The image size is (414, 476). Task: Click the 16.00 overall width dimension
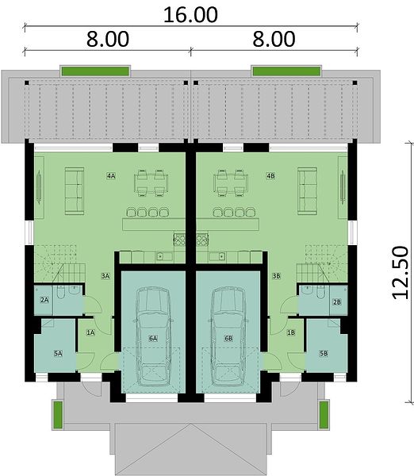pyautogui.click(x=190, y=14)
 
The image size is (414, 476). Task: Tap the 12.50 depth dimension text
pyautogui.click(x=400, y=273)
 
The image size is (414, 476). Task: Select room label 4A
pyautogui.click(x=111, y=176)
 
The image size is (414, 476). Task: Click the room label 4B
pyautogui.click(x=270, y=176)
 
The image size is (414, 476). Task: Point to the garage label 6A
pyautogui.click(x=153, y=338)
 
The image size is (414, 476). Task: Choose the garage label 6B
pyautogui.click(x=228, y=338)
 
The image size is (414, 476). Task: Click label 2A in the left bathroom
pyautogui.click(x=44, y=300)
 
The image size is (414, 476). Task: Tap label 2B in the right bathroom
pyautogui.click(x=337, y=301)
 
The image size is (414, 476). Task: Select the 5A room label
pyautogui.click(x=58, y=353)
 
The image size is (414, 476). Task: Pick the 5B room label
pyautogui.click(x=324, y=353)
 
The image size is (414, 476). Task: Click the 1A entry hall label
pyautogui.click(x=90, y=332)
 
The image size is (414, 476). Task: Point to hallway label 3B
pyautogui.click(x=276, y=276)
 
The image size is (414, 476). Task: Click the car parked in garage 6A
pyautogui.click(x=153, y=336)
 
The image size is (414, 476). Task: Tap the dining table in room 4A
pyautogui.click(x=151, y=183)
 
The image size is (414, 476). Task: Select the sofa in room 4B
pyautogui.click(x=307, y=191)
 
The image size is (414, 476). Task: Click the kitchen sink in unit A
pyautogui.click(x=160, y=257)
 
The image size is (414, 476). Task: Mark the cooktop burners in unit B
pyautogui.click(x=202, y=240)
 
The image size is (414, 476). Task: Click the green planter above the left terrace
pyautogui.click(x=95, y=71)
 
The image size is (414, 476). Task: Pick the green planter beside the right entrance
pyautogui.click(x=324, y=415)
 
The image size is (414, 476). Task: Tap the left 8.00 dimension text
pyautogui.click(x=108, y=39)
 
